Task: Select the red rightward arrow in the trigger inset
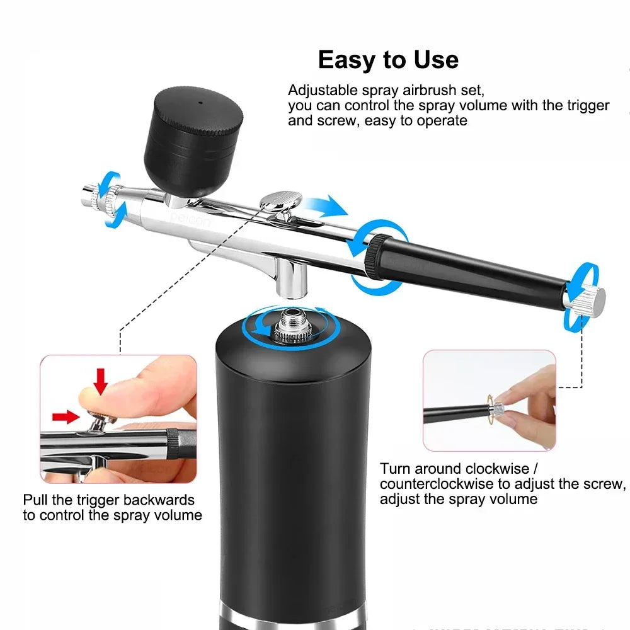(x=66, y=415)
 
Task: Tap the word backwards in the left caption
(x=157, y=500)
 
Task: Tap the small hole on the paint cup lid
(x=199, y=101)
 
